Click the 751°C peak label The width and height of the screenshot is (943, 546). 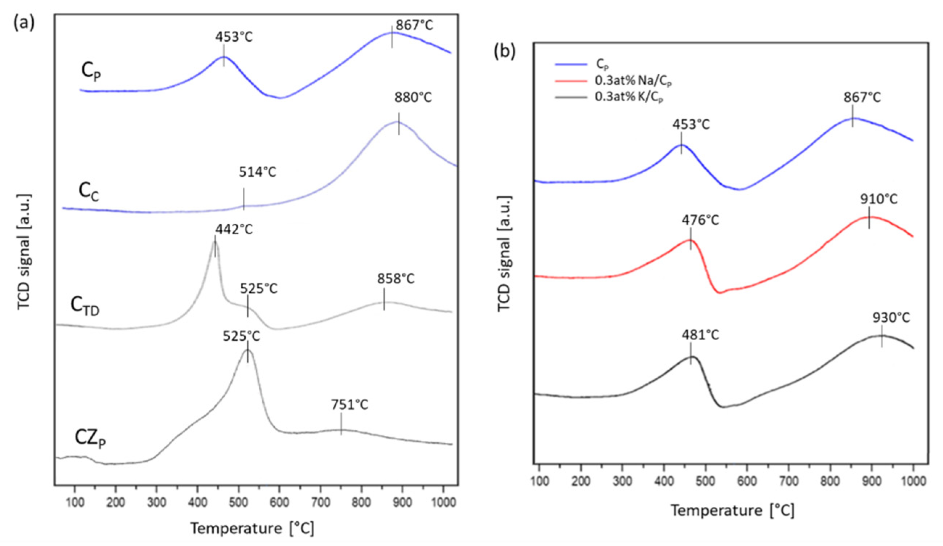pos(349,405)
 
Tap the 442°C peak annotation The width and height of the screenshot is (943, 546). pos(234,229)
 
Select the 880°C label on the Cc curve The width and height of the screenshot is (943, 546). pos(413,98)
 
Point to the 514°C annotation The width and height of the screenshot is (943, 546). pos(258,172)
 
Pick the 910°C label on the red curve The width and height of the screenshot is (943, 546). pos(879,199)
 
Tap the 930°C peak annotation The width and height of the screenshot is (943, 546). pos(891,318)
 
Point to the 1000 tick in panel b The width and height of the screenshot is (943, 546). pos(913,490)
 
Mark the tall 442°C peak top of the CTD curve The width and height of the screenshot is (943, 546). pos(215,242)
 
